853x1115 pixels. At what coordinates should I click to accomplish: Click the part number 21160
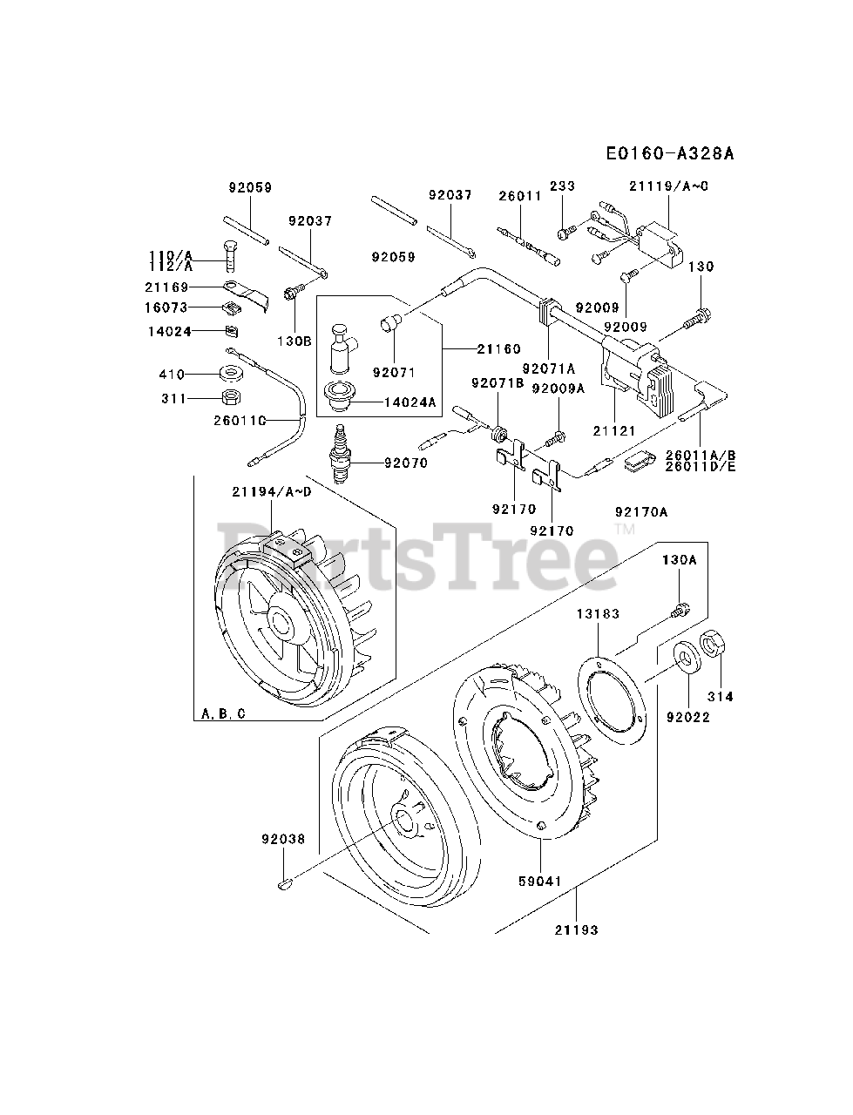click(499, 348)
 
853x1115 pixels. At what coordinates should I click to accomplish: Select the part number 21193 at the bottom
click(577, 929)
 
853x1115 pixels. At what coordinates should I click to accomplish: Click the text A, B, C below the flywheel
click(223, 714)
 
